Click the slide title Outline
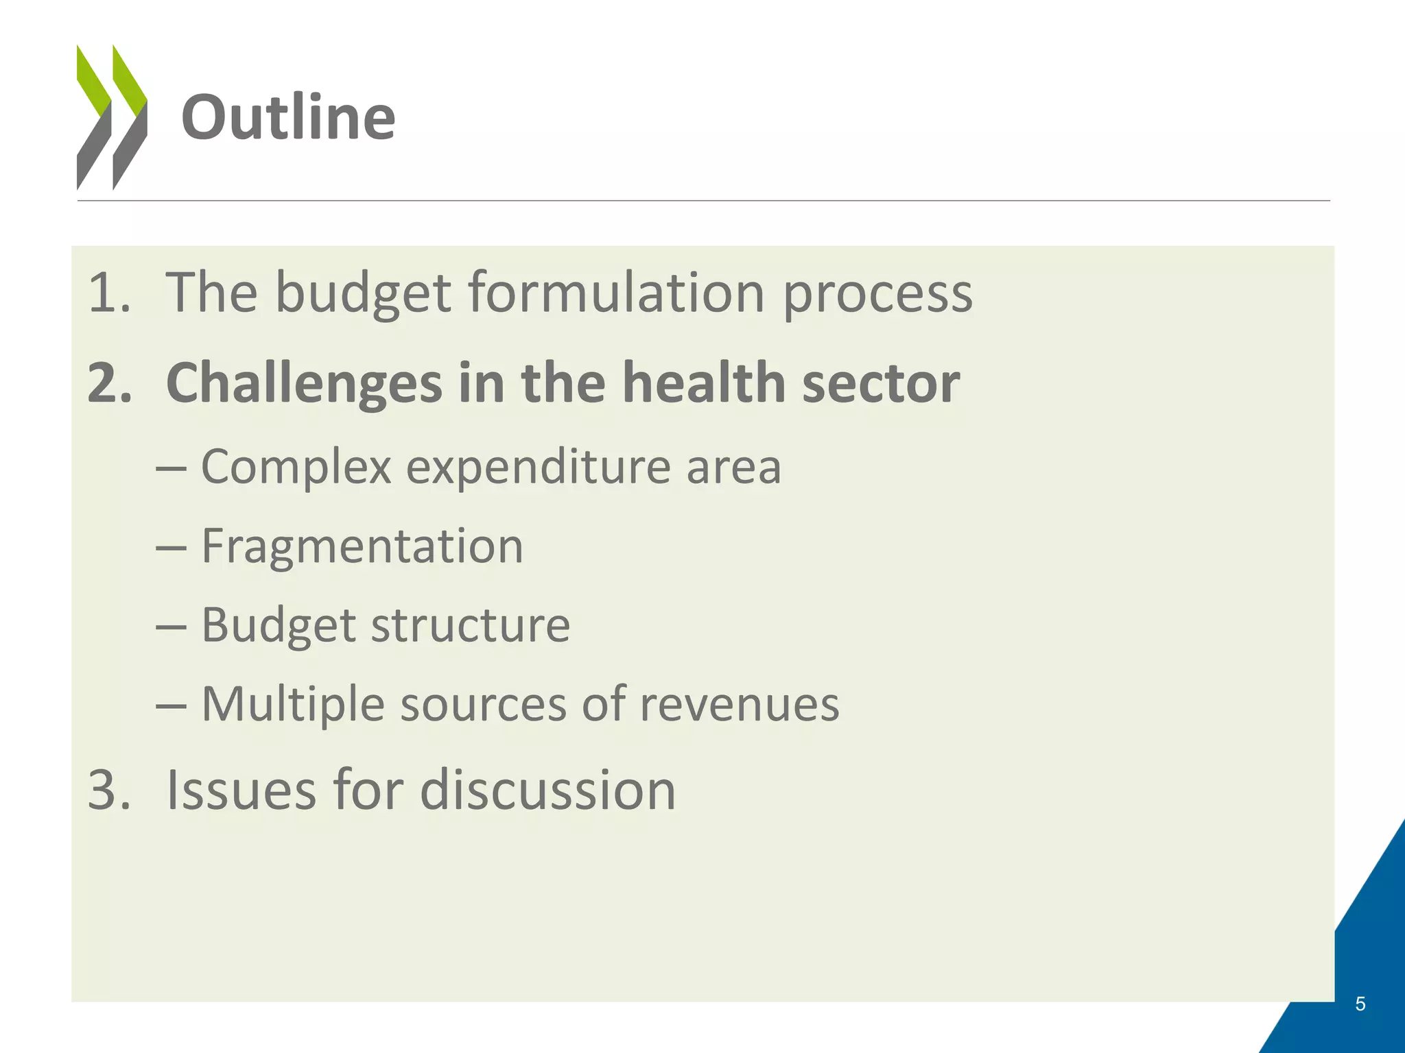coord(288,118)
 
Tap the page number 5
coord(1360,1004)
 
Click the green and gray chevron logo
coord(111,117)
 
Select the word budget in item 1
coord(364,293)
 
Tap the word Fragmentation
coord(362,547)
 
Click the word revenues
coord(739,705)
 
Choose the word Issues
coord(241,790)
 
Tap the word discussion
coord(547,790)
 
